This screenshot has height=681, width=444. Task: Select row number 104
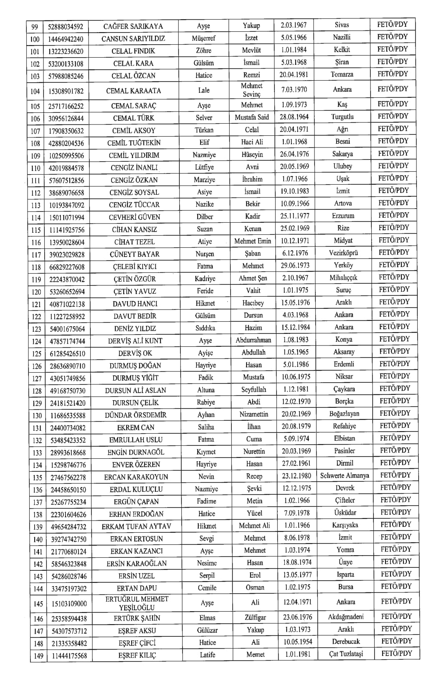[x=36, y=91]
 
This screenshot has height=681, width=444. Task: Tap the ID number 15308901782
[x=66, y=91]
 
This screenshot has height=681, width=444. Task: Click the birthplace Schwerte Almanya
[x=345, y=476]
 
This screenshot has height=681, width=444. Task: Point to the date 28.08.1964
[x=295, y=117]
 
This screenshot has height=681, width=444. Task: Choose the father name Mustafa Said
[x=252, y=117]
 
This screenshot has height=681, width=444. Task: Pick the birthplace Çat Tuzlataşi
[x=346, y=654]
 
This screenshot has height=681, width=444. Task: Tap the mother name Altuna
[x=206, y=390]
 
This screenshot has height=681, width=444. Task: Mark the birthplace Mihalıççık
[x=343, y=277]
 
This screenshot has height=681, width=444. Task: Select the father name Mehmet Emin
[x=253, y=241]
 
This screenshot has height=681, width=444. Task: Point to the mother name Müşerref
[x=204, y=38]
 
